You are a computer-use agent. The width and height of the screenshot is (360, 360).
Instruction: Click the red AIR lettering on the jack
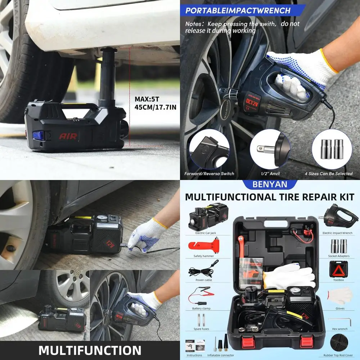pos(68,136)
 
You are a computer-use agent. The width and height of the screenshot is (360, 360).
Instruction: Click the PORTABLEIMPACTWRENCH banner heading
pos(238,10)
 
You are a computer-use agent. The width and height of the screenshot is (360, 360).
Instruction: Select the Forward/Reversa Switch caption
pos(209,174)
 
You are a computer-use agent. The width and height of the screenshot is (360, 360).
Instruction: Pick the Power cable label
pos(204,280)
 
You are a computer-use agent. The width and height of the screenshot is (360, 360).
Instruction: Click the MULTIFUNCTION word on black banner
pos(90,350)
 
